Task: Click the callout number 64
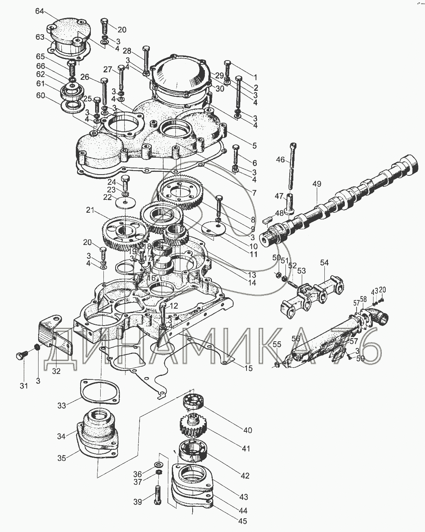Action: pyautogui.click(x=40, y=11)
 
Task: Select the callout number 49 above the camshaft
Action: pyautogui.click(x=317, y=184)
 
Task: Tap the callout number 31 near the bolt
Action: pyautogui.click(x=24, y=386)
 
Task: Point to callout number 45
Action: pyautogui.click(x=243, y=521)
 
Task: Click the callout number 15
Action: pyautogui.click(x=248, y=368)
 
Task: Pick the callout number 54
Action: pyautogui.click(x=324, y=263)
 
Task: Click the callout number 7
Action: pyautogui.click(x=254, y=193)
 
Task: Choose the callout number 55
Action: pyautogui.click(x=277, y=344)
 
